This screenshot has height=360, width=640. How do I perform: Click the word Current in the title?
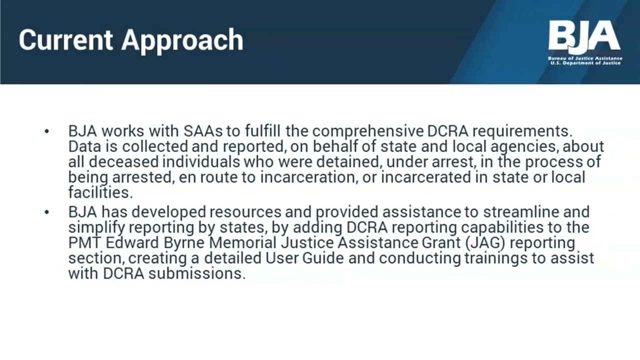[x=65, y=39]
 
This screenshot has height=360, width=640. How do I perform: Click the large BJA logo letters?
[x=584, y=36]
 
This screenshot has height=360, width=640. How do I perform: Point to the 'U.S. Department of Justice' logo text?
[x=585, y=63]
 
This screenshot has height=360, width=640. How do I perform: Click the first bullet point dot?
[x=47, y=132]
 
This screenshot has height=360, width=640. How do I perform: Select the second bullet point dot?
[x=47, y=212]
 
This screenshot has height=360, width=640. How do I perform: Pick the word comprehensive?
[x=368, y=131]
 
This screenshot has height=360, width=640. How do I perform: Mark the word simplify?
[x=96, y=227]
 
